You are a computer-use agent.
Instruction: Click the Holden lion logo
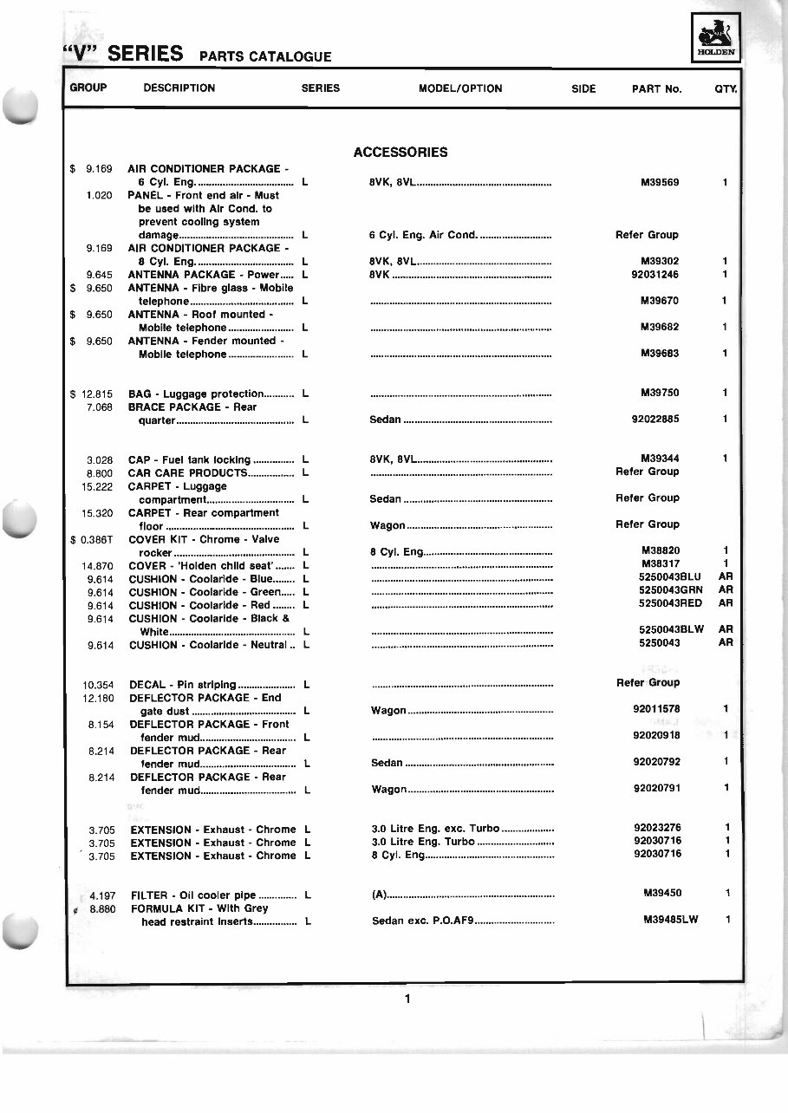[715, 40]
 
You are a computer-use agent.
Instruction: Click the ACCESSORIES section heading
[401, 153]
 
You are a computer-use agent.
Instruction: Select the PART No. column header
[656, 88]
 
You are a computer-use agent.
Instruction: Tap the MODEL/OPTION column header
[460, 88]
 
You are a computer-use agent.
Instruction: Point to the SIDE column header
[583, 88]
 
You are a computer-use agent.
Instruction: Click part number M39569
[660, 183]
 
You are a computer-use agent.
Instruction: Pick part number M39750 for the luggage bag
[660, 394]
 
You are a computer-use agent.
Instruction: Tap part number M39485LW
[670, 921]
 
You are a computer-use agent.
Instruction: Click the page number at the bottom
[407, 999]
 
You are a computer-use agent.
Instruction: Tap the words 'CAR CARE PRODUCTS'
[186, 473]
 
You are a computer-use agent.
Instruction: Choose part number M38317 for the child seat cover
[660, 564]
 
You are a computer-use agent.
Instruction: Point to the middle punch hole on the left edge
[19, 521]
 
